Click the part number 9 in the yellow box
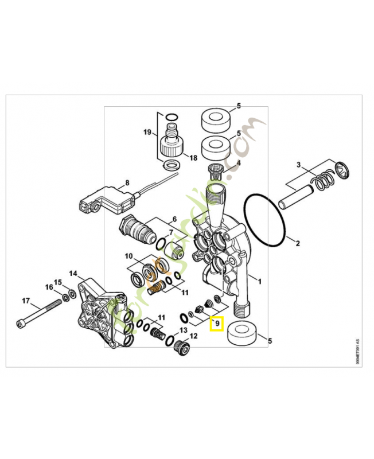tap(216, 324)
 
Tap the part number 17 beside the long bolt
tap(26, 300)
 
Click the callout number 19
tap(147, 133)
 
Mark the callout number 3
tap(298, 165)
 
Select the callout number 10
tap(128, 255)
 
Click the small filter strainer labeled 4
tap(215, 170)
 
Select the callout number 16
tap(49, 286)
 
